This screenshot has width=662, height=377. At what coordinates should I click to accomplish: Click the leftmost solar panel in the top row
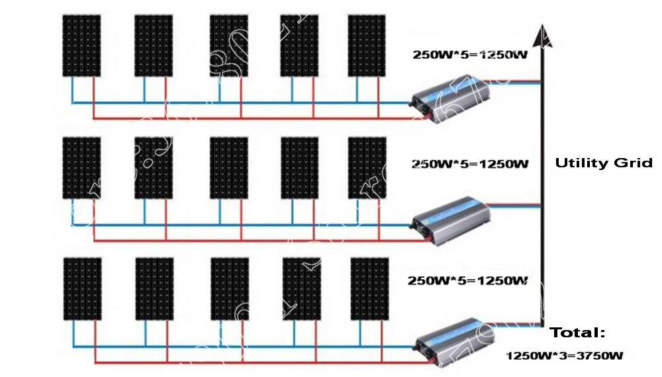point(82,45)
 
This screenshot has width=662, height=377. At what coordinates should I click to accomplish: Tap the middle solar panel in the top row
point(229,45)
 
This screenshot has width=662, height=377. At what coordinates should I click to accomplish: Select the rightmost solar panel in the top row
point(367,45)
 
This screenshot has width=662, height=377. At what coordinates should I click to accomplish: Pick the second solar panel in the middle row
point(154,168)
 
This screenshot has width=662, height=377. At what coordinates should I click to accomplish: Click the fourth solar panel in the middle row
point(299,168)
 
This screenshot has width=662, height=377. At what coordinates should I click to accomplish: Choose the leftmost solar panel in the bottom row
point(82,288)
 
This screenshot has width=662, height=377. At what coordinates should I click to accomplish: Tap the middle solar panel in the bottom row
point(229,288)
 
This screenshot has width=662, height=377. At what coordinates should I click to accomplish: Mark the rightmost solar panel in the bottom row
point(369,288)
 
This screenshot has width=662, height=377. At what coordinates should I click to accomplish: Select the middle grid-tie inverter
point(450,218)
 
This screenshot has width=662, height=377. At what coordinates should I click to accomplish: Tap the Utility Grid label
point(603,163)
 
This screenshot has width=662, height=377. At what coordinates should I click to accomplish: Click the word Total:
point(578,333)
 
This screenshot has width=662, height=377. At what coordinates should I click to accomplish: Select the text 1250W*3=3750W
point(565,356)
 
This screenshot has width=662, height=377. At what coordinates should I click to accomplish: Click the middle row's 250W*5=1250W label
point(469,163)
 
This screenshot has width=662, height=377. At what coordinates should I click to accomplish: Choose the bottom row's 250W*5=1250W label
point(467,280)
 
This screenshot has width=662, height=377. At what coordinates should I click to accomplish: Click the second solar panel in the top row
point(154,45)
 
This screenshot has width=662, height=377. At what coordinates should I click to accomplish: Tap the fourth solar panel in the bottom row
point(301,288)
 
